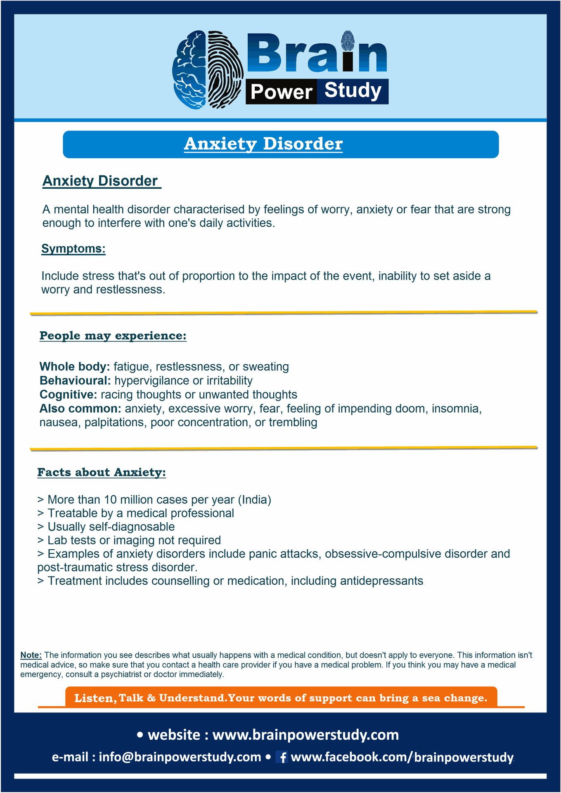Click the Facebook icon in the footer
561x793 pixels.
[x=282, y=757]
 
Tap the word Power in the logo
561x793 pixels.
[x=281, y=92]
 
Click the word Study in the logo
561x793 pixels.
[x=353, y=90]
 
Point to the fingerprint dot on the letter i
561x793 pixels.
[x=348, y=40]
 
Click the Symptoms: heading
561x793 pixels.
[x=73, y=249]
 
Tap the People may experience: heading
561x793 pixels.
[x=113, y=336]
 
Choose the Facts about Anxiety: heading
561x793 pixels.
[x=102, y=472]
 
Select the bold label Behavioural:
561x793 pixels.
[x=75, y=381]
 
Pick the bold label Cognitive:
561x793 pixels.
[x=68, y=395]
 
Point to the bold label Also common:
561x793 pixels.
[x=80, y=409]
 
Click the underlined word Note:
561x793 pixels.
[x=31, y=655]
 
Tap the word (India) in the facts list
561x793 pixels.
[x=254, y=500]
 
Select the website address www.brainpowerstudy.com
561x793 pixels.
[x=305, y=735]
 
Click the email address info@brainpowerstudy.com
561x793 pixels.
[x=180, y=757]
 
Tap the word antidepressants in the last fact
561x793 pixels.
[x=381, y=581]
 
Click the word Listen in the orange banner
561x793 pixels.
[x=94, y=698]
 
